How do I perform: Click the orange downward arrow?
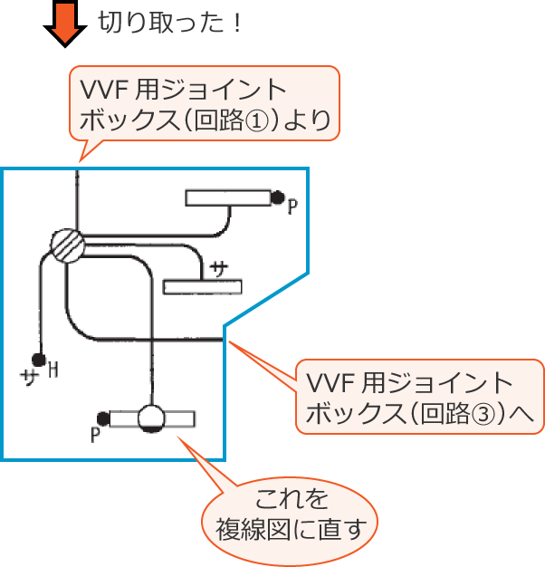coord(62,24)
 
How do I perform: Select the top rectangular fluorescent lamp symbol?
coord(228,197)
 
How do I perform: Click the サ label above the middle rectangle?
coord(218,268)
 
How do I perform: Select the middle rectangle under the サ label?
coord(203,287)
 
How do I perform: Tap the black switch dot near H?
coord(38,360)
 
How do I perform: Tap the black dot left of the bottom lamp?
coord(104,418)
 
